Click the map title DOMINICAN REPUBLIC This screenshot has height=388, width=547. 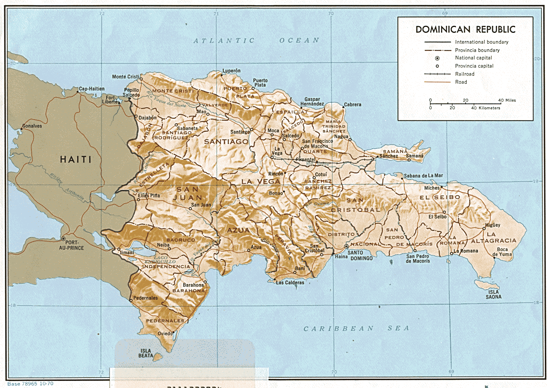465,30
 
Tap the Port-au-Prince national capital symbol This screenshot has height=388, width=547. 63,238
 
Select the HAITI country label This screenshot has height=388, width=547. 76,160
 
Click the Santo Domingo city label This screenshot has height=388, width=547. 361,255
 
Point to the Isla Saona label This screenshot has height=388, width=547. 493,295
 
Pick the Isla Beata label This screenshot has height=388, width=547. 146,353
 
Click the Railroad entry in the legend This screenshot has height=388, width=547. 465,74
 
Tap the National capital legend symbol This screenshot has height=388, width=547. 437,58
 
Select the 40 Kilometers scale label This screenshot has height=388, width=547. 485,108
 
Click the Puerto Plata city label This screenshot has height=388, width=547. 260,83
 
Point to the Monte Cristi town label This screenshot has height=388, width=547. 125,77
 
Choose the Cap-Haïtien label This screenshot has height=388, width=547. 92,89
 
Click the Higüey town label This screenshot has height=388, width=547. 493,225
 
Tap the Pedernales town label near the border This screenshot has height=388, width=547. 146,298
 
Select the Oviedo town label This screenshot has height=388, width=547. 165,333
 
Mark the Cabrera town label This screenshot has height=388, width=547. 352,105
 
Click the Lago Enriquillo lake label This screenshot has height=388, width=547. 160,260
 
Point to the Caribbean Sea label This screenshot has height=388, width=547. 356,329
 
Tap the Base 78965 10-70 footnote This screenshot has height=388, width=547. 30,384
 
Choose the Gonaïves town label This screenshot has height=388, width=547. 32,126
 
